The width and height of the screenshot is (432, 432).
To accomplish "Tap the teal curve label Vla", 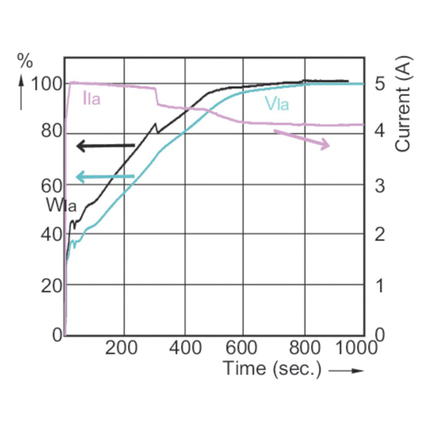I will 276,104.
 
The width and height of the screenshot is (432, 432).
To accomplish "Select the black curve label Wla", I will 60,206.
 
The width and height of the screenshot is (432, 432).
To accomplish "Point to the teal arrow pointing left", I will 104,177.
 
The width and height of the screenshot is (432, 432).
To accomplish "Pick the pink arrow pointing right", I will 302,138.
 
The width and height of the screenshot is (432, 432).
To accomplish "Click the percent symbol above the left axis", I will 25,60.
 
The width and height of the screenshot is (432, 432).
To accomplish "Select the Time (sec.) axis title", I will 272,368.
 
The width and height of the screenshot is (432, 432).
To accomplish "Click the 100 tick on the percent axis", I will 45,83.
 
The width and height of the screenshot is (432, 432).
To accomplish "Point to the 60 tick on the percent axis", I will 49,184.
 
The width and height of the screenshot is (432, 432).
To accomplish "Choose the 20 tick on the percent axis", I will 49,285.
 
